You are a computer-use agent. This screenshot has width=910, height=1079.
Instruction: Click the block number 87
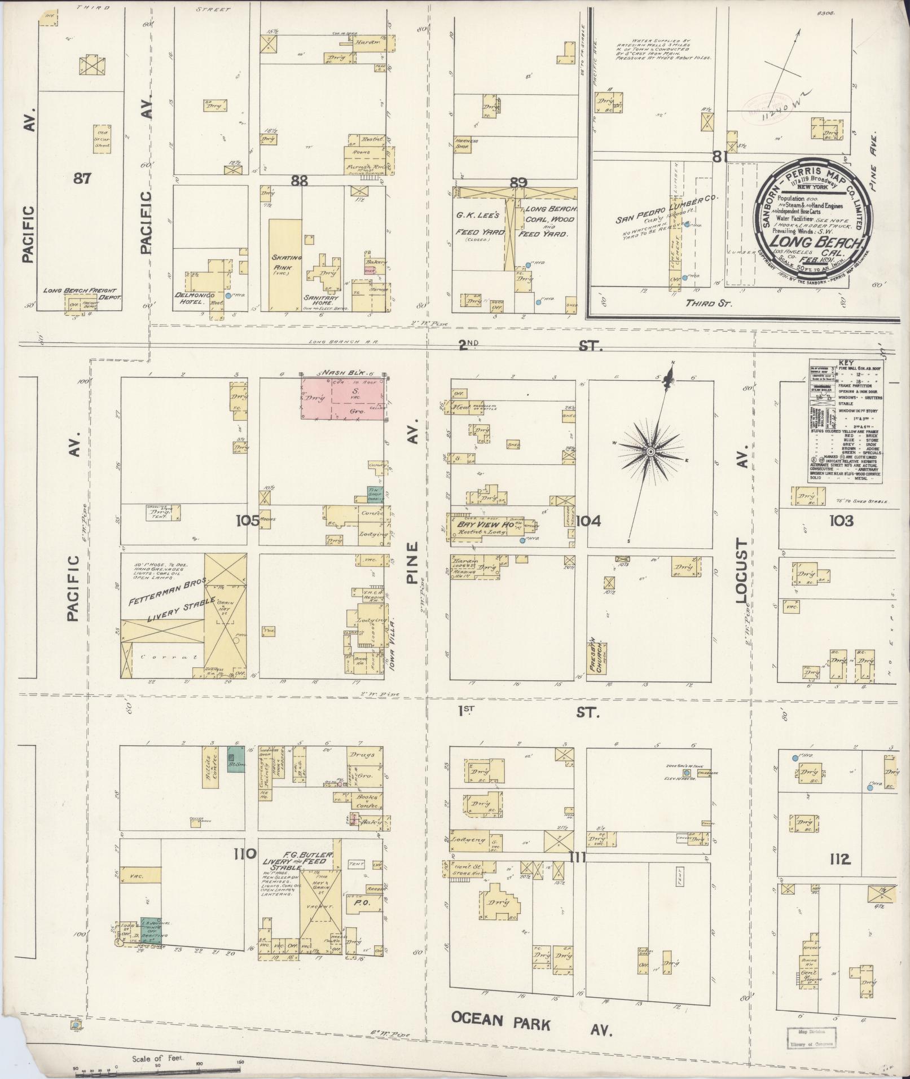point(82,178)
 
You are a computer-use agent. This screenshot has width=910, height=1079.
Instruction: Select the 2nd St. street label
point(530,345)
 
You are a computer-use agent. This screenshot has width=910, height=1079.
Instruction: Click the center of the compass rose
point(650,452)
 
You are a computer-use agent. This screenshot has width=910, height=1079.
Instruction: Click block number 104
point(588,521)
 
